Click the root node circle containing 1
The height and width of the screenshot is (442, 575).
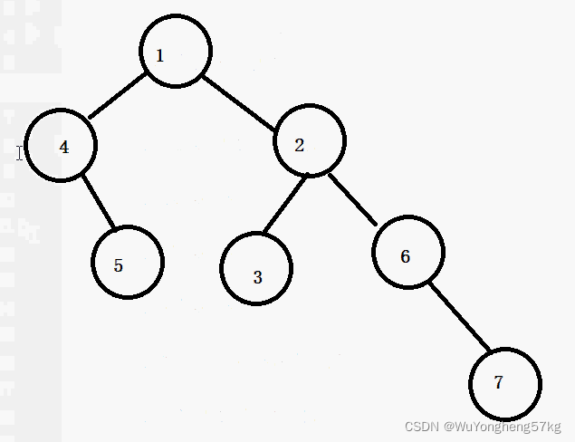coord(177,52)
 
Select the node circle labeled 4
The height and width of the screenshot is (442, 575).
coord(62,145)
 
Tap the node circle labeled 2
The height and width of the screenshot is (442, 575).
coord(309,141)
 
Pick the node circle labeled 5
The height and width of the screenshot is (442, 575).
coord(128,262)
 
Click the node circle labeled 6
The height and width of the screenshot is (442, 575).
coord(408,252)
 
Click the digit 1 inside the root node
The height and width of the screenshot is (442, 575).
coord(160,56)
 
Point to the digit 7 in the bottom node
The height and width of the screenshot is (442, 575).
coord(498,382)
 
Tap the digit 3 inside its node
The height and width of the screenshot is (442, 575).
coord(257,277)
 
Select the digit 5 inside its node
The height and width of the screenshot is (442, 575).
coord(119,265)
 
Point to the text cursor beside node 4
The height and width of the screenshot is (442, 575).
coord(19,152)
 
